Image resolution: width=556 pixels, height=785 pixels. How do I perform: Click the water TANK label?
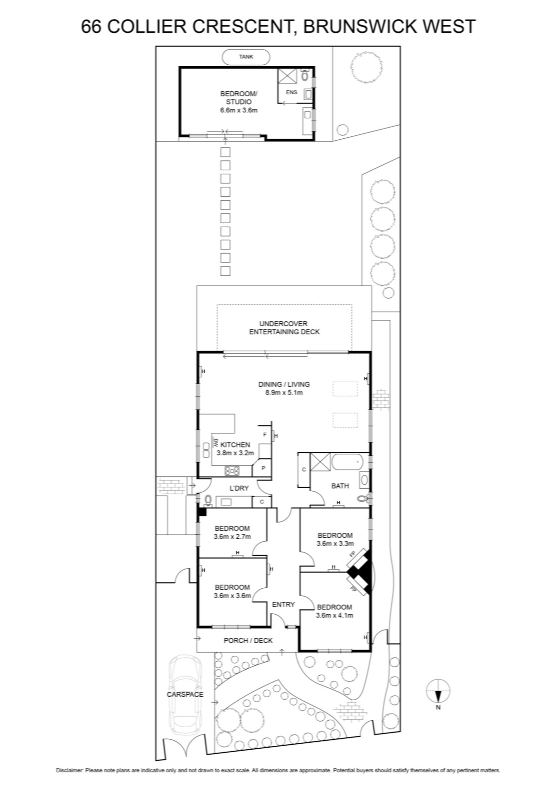[x=246, y=57]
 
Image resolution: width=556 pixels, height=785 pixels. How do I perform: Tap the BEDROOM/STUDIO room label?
[x=239, y=98]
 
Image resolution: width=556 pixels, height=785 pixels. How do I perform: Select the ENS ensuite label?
[x=291, y=93]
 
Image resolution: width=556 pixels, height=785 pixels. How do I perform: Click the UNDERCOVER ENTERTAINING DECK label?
[x=284, y=328]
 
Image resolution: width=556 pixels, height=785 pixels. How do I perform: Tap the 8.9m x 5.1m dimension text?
[x=284, y=392]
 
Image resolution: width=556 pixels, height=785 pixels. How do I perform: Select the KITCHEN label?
[x=235, y=445]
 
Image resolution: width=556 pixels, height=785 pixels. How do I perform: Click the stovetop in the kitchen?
[x=232, y=471]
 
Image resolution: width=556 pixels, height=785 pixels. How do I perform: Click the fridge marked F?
[x=265, y=435]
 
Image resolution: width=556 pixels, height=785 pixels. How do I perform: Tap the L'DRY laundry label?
[x=239, y=488]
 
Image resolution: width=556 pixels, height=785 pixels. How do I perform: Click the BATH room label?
[x=340, y=486]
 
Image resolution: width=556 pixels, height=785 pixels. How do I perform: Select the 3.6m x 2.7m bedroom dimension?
[x=232, y=537]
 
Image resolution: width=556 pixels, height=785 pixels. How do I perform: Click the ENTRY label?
[x=283, y=604]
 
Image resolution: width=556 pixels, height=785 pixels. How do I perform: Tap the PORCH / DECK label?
[x=248, y=641]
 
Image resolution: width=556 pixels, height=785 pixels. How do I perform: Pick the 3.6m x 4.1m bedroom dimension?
[x=334, y=615]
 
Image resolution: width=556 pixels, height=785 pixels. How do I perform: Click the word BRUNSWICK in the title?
[x=357, y=26]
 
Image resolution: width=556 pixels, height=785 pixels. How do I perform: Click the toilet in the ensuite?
[x=305, y=75]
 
